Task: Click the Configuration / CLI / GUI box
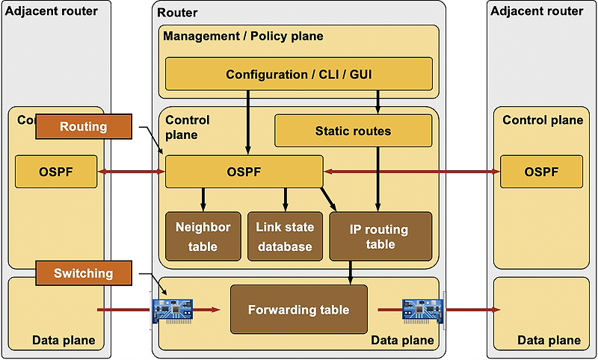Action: [299, 74]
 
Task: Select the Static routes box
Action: [353, 131]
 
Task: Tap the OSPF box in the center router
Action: [244, 172]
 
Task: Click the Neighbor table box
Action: [203, 237]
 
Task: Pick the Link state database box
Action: [284, 237]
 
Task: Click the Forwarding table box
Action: [298, 309]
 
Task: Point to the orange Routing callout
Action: [83, 127]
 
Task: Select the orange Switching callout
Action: [83, 273]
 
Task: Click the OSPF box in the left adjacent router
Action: [56, 172]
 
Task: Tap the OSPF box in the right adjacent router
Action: [542, 172]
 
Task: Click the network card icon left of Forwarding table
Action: [173, 309]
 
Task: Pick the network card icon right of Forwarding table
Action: [423, 309]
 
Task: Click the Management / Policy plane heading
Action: [243, 36]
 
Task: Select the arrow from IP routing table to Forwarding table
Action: [351, 272]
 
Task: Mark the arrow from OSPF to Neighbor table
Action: [203, 199]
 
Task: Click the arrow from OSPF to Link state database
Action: [284, 199]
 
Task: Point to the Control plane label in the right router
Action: [542, 120]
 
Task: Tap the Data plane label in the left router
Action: [64, 341]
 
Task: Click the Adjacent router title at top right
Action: [536, 11]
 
